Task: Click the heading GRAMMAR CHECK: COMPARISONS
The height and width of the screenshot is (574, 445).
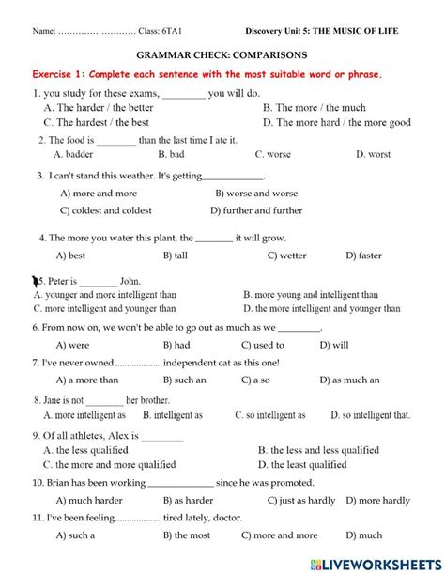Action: (222, 56)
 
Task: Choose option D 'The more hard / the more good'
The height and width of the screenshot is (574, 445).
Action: (336, 122)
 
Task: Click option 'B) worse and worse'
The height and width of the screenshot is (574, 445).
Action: (256, 194)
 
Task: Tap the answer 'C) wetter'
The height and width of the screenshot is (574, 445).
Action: (286, 255)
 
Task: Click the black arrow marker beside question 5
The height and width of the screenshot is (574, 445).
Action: (37, 279)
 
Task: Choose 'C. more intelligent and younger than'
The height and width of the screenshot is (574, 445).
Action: (104, 307)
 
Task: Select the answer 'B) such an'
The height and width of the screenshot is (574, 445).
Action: (184, 380)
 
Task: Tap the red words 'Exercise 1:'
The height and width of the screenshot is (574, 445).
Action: (64, 75)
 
